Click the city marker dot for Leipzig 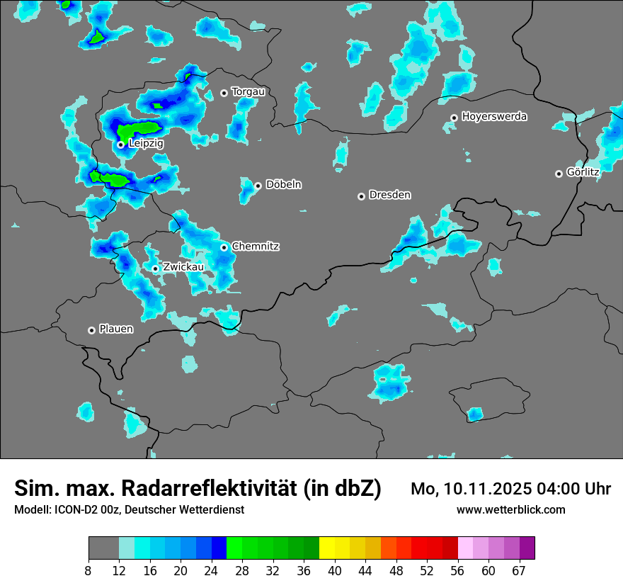pos(121,145)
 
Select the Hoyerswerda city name pos(494,116)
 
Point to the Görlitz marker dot pos(559,174)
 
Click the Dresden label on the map pos(389,195)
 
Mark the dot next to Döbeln pos(258,186)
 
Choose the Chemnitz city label pos(255,247)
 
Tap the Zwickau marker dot pos(156,268)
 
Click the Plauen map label pos(116,329)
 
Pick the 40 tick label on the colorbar pos(335,570)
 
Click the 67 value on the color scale pos(519,570)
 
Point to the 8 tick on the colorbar pos(88,570)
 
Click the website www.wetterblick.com pos(511,510)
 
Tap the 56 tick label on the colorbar pos(457,570)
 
